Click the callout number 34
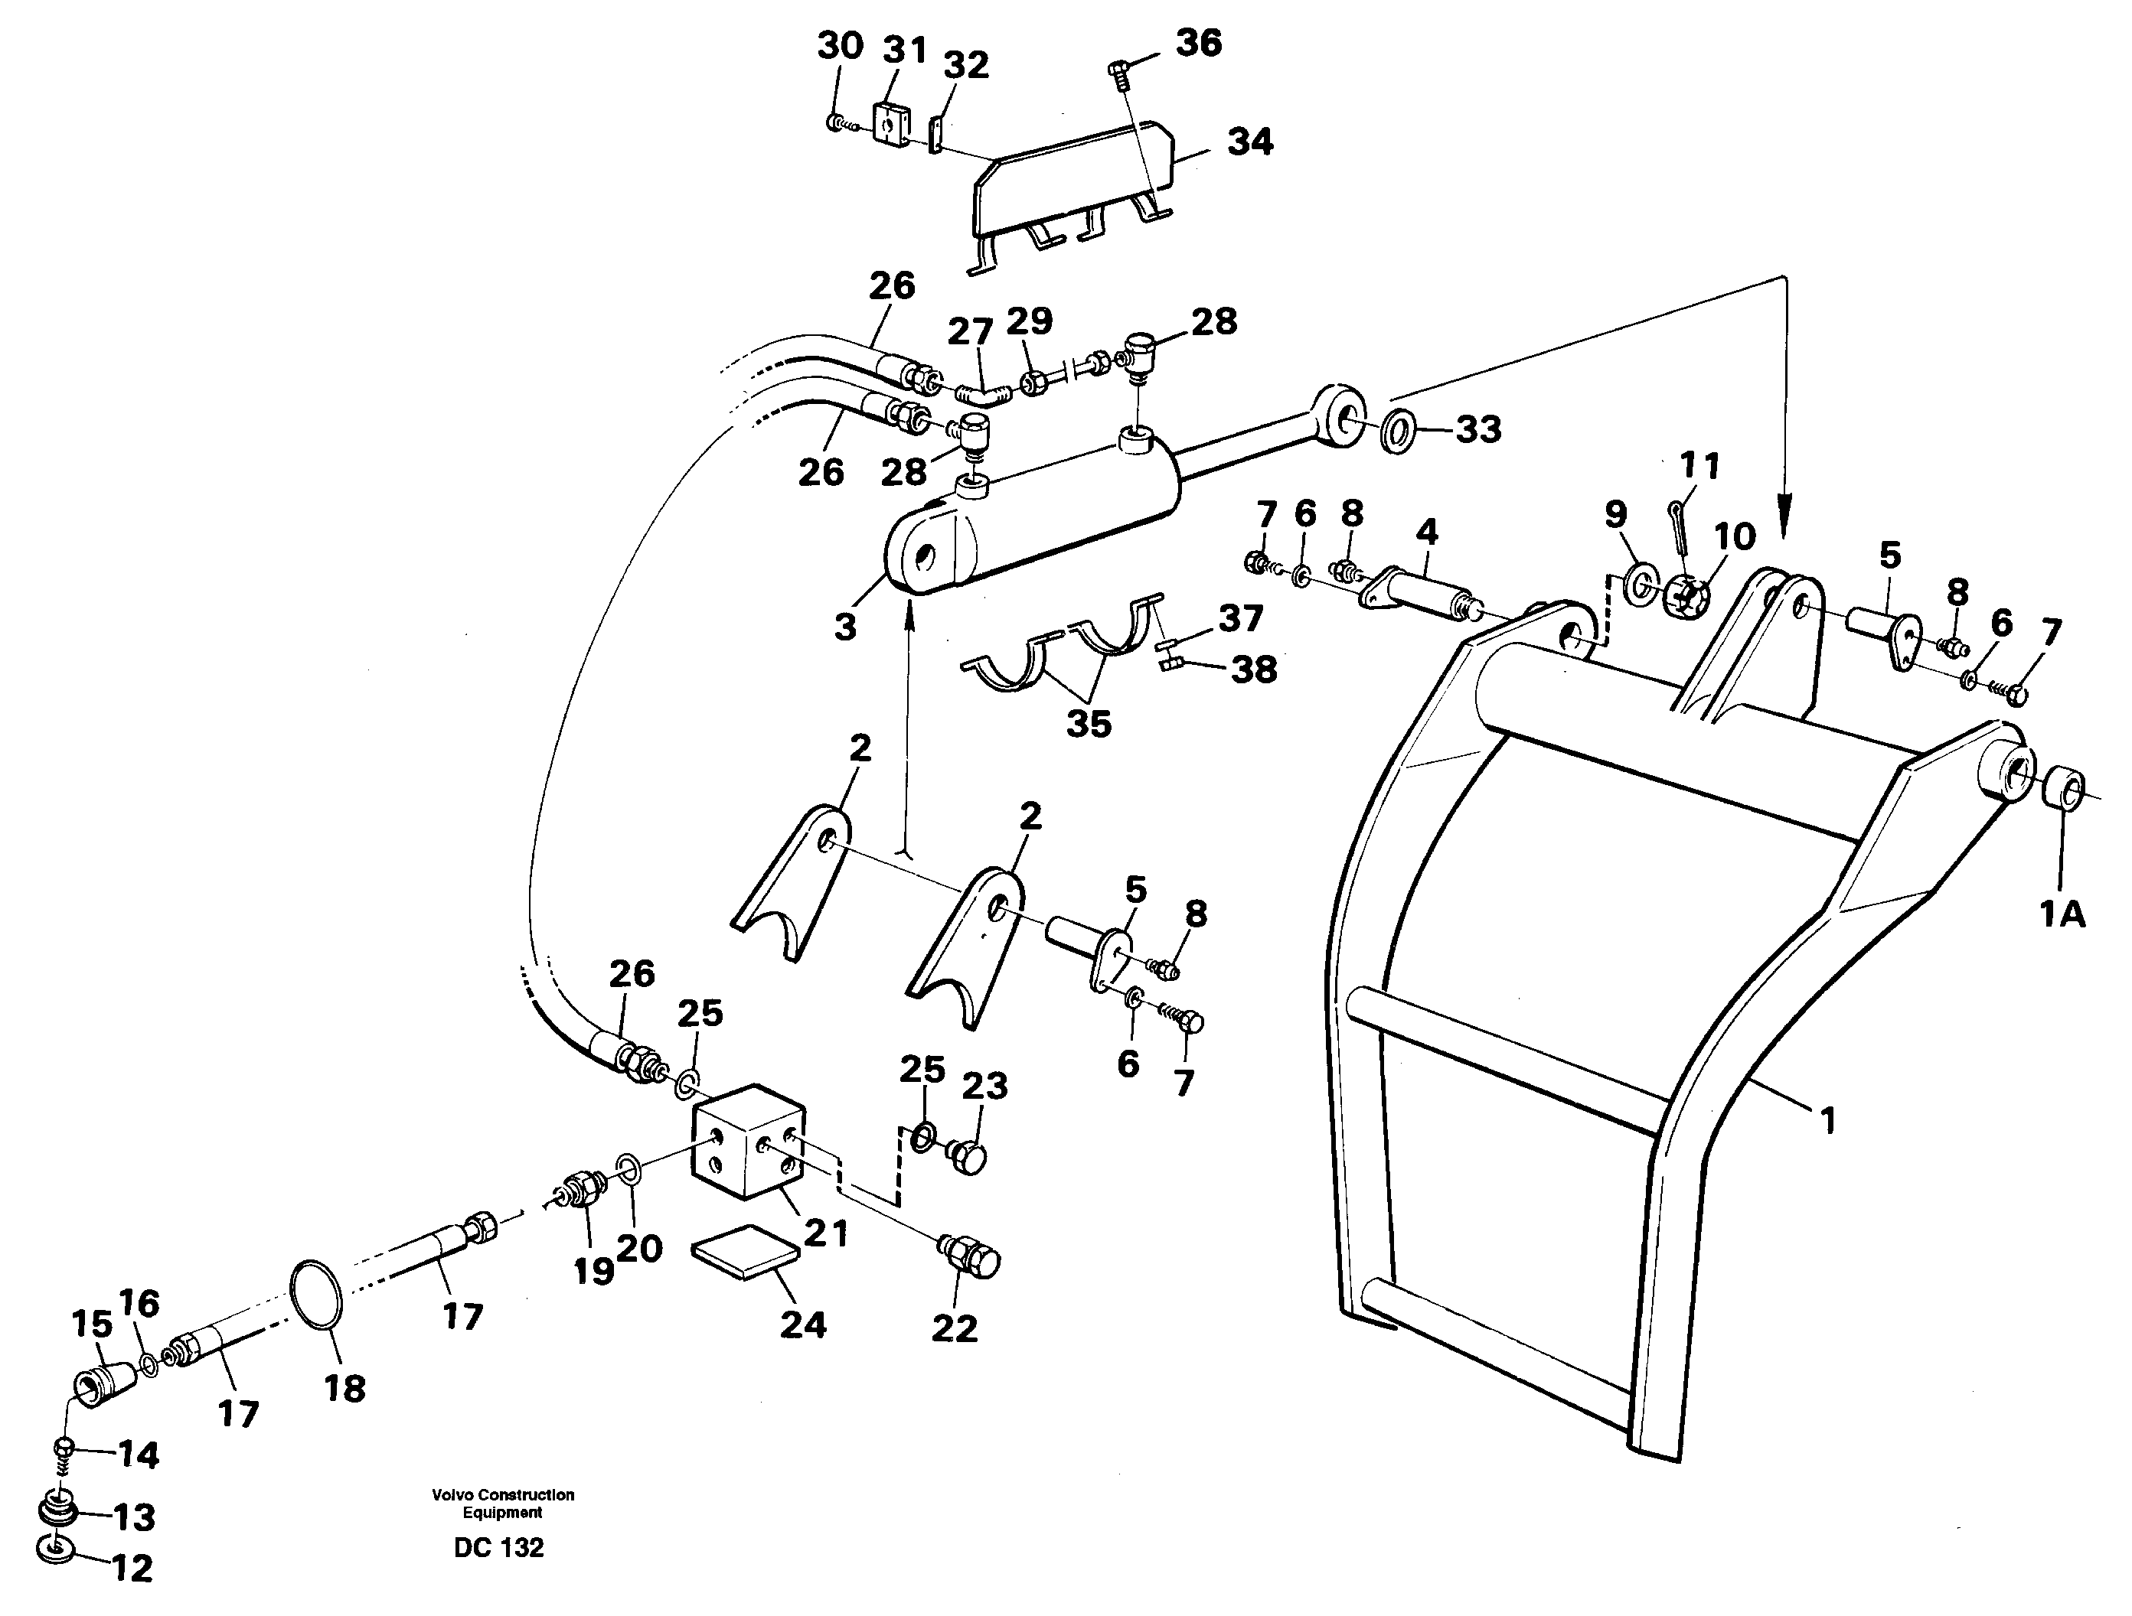point(1249,142)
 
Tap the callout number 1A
point(2062,913)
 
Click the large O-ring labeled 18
point(315,1294)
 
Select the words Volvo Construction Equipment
point(502,1504)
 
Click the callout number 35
point(1088,723)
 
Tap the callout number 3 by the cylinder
point(845,627)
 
